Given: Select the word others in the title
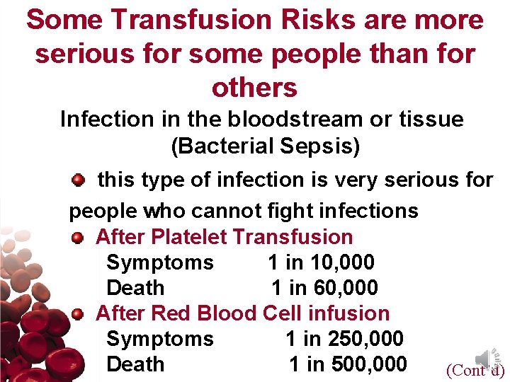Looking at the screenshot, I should tap(254, 88).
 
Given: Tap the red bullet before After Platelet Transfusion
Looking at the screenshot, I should tap(77, 237).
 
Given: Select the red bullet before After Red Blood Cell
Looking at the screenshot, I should tap(77, 313).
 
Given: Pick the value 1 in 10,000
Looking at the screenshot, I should tap(321, 262).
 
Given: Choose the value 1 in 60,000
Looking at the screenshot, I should tap(324, 288).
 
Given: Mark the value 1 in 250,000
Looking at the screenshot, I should tap(344, 339).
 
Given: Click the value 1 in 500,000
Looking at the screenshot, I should tap(348, 364).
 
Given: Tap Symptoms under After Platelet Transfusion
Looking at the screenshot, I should tap(159, 262).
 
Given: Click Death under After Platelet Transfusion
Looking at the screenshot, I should tap(135, 288).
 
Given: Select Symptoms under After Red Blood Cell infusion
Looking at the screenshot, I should tap(159, 339).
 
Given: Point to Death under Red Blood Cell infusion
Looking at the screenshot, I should tap(135, 364).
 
